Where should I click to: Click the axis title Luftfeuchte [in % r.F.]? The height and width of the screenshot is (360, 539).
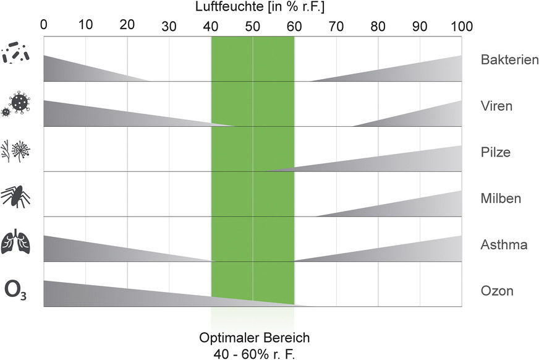tap(252, 7)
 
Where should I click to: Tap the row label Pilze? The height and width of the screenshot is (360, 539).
tap(496, 152)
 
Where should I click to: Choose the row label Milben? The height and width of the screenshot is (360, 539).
tap(500, 199)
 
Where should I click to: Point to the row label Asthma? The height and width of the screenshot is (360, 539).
tap(504, 245)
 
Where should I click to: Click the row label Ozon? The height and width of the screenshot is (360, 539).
tap(497, 291)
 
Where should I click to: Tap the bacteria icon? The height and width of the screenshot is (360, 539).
tap(16, 54)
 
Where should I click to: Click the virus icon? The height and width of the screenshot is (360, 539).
tap(16, 103)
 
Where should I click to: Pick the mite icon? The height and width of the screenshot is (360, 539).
tap(16, 197)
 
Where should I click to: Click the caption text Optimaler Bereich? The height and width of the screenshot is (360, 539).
tap(254, 338)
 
